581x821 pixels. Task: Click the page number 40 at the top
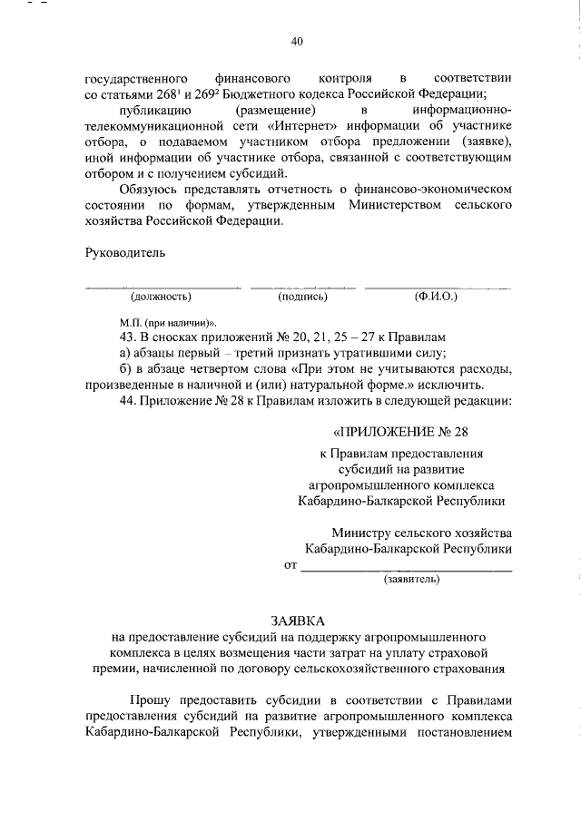coord(297,41)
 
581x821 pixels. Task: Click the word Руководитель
coord(125,252)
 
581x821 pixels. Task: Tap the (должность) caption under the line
coord(161,297)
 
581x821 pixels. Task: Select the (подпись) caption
coord(302,297)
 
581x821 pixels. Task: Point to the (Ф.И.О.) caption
coord(435,297)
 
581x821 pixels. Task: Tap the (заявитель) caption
coord(412,577)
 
